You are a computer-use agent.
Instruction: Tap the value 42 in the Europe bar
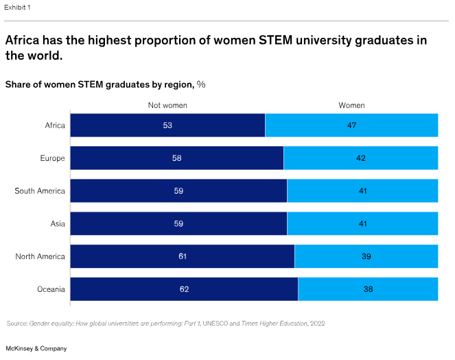[361, 158]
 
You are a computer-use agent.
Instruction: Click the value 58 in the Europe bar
[177, 158]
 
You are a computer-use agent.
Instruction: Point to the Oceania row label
[51, 289]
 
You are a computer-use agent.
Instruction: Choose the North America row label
[40, 256]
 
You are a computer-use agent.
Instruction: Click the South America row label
[40, 191]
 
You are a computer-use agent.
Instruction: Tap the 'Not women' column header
[167, 105]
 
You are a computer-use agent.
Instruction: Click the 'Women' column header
[351, 105]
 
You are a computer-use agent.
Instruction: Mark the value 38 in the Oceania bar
[369, 289]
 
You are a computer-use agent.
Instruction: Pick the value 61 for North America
[183, 256]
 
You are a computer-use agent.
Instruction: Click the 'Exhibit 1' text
[19, 7]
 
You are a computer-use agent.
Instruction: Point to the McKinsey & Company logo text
[36, 348]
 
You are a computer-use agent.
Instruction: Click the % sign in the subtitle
[201, 85]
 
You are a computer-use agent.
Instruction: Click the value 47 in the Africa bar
[351, 125]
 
